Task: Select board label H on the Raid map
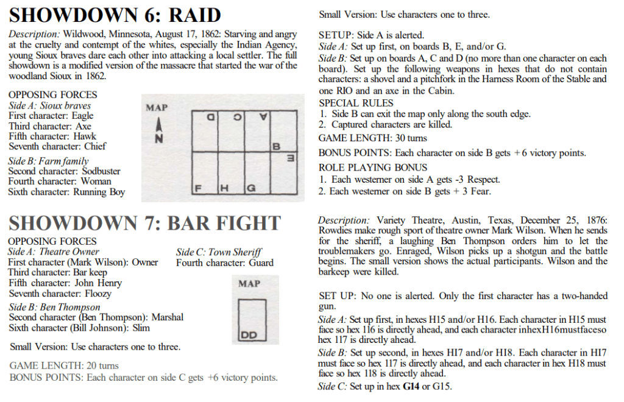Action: click(x=224, y=188)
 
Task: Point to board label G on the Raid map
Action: click(x=250, y=188)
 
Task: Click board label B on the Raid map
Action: click(x=276, y=147)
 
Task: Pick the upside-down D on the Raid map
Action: click(x=210, y=116)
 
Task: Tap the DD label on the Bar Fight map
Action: click(x=249, y=335)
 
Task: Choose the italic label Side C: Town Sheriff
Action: click(x=219, y=252)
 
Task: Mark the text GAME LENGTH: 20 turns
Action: click(x=64, y=365)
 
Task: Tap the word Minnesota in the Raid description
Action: click(x=121, y=34)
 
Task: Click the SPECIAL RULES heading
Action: click(x=356, y=103)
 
